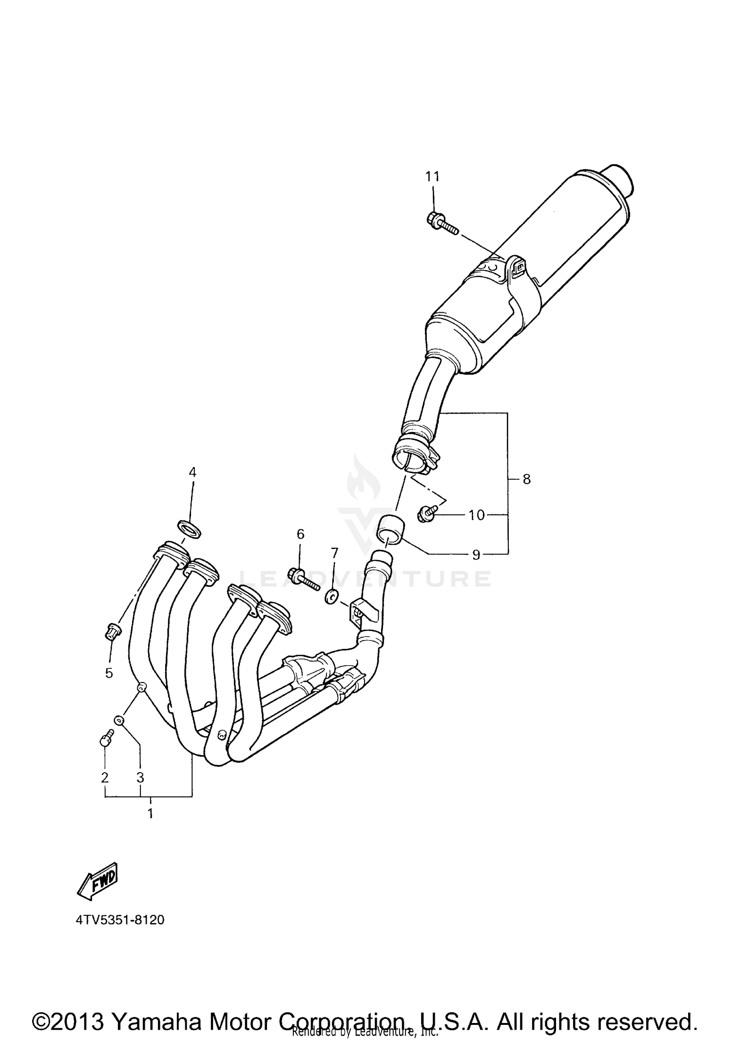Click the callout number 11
[432, 176]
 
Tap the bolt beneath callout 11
[441, 225]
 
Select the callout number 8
[526, 479]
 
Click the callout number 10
[477, 514]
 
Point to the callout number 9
[476, 554]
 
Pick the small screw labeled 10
[426, 513]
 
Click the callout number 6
[300, 534]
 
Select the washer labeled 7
[332, 596]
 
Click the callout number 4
[192, 472]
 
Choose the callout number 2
[105, 777]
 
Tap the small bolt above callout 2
[106, 739]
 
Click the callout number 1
[150, 813]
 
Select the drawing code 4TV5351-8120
[120, 920]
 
